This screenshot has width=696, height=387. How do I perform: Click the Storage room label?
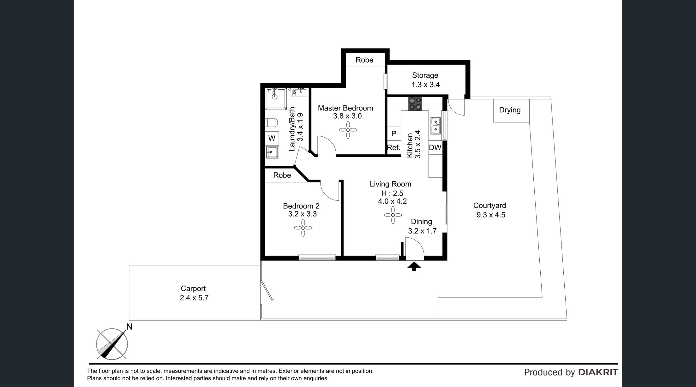pyautogui.click(x=425, y=75)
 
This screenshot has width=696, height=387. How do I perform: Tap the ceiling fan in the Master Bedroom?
pyautogui.click(x=348, y=130)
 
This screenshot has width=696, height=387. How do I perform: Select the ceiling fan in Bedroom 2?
pyautogui.click(x=303, y=228)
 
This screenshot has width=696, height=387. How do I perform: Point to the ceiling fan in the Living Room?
pyautogui.click(x=393, y=215)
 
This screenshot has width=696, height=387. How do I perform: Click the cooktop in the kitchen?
pyautogui.click(x=415, y=104)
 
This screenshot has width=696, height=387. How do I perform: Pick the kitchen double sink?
pyautogui.click(x=436, y=125)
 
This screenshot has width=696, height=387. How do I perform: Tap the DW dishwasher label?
pyautogui.click(x=435, y=147)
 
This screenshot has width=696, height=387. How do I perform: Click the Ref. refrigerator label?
pyautogui.click(x=393, y=147)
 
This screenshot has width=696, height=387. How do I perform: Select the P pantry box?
pyautogui.click(x=394, y=134)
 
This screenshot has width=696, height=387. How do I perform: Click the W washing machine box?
pyautogui.click(x=272, y=138)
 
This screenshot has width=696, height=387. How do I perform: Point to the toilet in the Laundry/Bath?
pyautogui.click(x=271, y=122)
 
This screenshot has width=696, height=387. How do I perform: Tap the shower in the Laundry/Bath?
pyautogui.click(x=276, y=98)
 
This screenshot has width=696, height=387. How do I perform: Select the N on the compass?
pyautogui.click(x=129, y=327)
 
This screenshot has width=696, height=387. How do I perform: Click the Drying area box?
pyautogui.click(x=511, y=110)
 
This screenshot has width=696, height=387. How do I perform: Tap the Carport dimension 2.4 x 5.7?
pyautogui.click(x=194, y=298)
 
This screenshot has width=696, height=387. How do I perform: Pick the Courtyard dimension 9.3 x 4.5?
pyautogui.click(x=491, y=215)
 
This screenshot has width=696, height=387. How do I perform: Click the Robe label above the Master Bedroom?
pyautogui.click(x=364, y=60)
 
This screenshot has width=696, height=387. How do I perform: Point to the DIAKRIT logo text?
pyautogui.click(x=598, y=372)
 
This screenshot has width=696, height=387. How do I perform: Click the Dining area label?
pyautogui.click(x=422, y=222)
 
